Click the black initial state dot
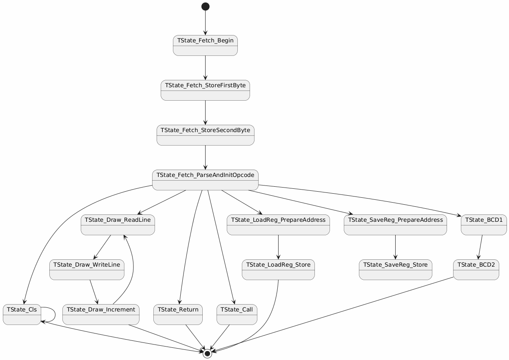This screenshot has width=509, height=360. [x=205, y=7]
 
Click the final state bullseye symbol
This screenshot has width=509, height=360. [x=207, y=353]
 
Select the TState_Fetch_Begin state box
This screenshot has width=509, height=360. [x=206, y=45]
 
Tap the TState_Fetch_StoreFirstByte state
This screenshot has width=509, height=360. [x=206, y=90]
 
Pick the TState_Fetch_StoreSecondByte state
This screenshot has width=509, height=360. [x=206, y=135]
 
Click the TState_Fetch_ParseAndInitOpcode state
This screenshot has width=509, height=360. [x=206, y=180]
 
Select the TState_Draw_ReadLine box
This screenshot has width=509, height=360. [x=118, y=225]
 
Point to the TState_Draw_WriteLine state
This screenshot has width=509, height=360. [x=87, y=269]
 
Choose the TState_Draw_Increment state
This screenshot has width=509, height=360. [x=101, y=314]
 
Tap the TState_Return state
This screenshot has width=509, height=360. [x=178, y=314]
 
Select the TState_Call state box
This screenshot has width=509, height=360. [x=237, y=314]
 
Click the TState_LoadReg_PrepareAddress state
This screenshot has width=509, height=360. [x=278, y=225]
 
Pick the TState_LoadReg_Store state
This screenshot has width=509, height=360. [x=278, y=269]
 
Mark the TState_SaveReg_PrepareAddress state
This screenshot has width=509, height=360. [x=396, y=225]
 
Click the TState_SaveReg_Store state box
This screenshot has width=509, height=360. [x=396, y=269]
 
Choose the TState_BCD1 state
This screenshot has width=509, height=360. [x=484, y=225]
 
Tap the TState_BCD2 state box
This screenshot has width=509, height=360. [x=476, y=269]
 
